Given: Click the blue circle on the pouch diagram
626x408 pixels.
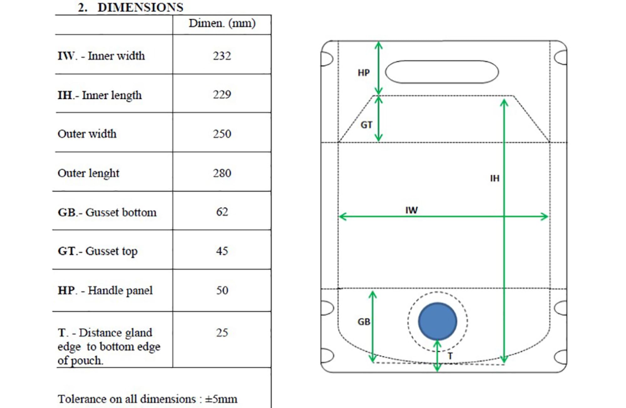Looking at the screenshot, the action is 438,321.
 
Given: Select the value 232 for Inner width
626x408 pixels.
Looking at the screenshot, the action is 222,56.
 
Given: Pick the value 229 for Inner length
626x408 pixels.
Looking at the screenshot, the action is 222,95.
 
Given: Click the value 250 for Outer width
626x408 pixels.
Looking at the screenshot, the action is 222,134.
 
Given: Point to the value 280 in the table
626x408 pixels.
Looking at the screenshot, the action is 222,173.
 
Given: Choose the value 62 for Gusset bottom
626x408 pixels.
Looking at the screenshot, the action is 222,212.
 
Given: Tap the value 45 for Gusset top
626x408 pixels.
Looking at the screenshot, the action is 222,251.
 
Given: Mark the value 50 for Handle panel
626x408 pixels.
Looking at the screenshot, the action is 222,290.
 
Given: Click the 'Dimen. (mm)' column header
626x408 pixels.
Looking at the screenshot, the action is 222,23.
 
